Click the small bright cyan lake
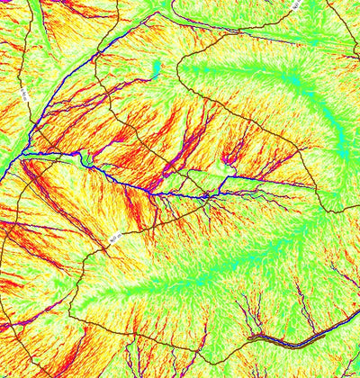point(156,68)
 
